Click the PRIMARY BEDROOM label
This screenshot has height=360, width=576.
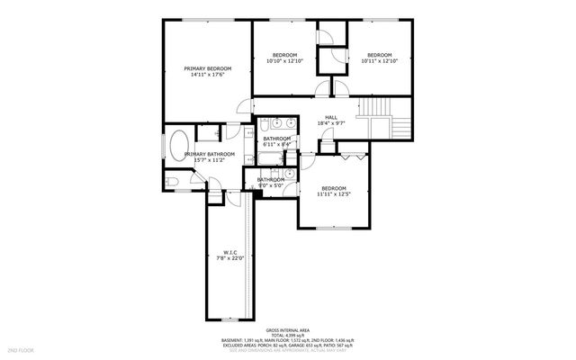point(207,68)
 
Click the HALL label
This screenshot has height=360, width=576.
point(330,117)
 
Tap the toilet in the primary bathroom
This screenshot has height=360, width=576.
point(175,182)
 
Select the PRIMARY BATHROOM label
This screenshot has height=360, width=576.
point(210,155)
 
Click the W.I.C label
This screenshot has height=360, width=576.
point(229,252)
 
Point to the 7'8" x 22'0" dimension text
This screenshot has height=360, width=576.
point(229,259)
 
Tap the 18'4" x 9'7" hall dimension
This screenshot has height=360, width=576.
point(330,124)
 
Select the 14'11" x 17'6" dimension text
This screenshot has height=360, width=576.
point(207,76)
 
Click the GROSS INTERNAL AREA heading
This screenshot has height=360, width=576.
point(288,329)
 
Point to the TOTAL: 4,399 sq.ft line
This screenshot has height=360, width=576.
point(288,335)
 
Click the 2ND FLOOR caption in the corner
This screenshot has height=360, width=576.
point(20,349)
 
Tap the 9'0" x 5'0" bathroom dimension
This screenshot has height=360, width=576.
point(271,186)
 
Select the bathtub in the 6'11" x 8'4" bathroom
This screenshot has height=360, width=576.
point(271,162)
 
